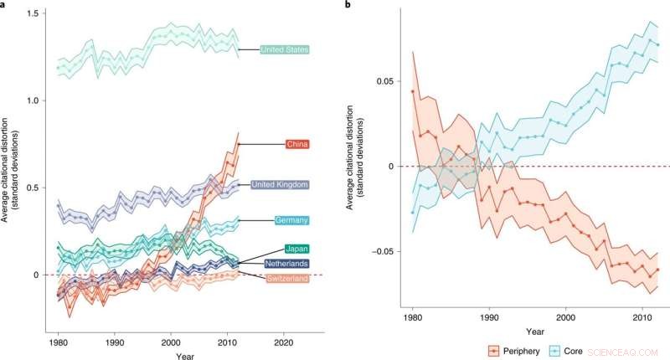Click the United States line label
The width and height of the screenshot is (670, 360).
[x=285, y=50]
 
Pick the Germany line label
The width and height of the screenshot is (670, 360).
[x=292, y=220]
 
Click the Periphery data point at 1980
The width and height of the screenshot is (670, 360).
[x=412, y=91]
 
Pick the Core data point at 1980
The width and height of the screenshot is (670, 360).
[x=412, y=212]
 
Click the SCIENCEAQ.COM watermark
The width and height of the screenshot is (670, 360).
[x=620, y=352]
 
